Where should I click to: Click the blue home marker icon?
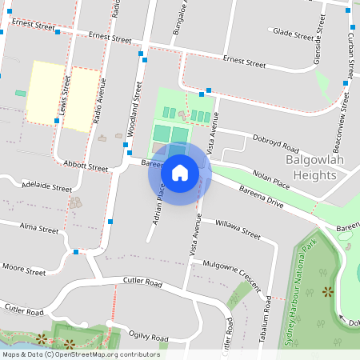click(180, 173)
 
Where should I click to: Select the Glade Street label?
click(293, 34)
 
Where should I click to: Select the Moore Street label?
click(24, 268)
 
